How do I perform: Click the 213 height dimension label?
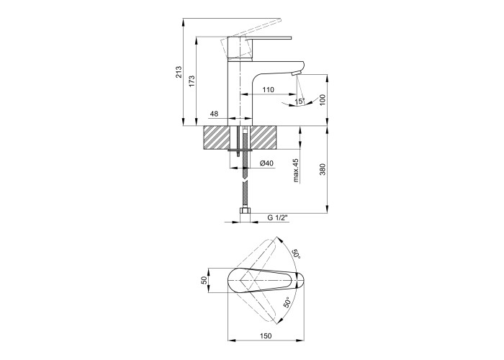pyautogui.click(x=179, y=72)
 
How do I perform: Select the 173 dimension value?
pyautogui.click(x=192, y=81)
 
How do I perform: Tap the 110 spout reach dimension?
pyautogui.click(x=268, y=90)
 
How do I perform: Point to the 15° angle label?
pyautogui.click(x=300, y=101)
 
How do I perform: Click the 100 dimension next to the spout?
pyautogui.click(x=323, y=100)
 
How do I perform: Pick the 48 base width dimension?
pyautogui.click(x=214, y=114)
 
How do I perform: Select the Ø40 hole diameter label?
pyautogui.click(x=266, y=163)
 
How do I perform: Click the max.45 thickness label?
pyautogui.click(x=296, y=171)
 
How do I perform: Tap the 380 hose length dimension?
pyautogui.click(x=323, y=169)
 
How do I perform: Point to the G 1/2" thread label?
pyautogui.click(x=278, y=217)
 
